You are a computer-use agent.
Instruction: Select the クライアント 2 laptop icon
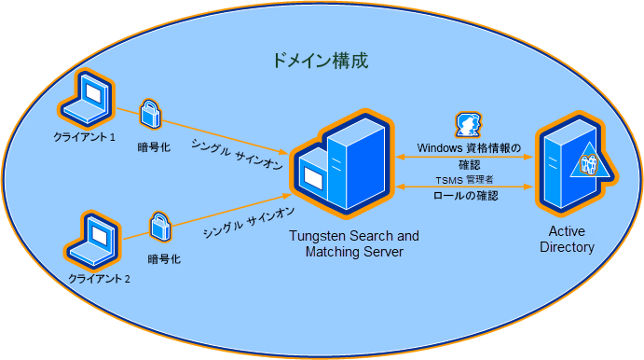(94, 239)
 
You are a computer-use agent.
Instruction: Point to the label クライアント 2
(99, 279)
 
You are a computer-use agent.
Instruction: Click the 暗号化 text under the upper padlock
(153, 146)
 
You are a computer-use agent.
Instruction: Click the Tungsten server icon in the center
(340, 165)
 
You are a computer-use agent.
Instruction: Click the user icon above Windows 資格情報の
(467, 125)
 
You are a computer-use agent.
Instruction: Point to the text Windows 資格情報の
(468, 146)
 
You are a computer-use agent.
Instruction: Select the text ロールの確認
(466, 196)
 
